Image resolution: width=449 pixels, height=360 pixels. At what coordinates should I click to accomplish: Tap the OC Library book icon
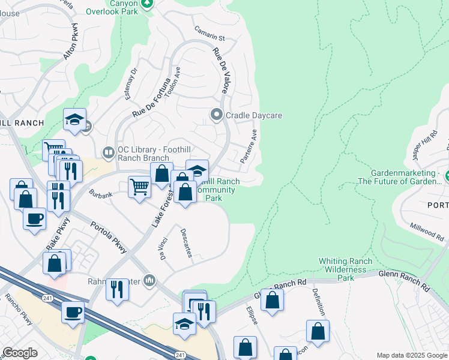click(x=109, y=154)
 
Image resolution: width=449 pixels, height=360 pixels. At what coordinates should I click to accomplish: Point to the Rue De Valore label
click(x=220, y=70)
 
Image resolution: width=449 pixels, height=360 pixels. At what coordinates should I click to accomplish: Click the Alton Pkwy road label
click(x=71, y=41)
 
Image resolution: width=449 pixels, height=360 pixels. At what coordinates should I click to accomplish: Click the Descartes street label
click(x=185, y=242)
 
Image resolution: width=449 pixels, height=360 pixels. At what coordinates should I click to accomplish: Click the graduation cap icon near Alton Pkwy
click(x=75, y=120)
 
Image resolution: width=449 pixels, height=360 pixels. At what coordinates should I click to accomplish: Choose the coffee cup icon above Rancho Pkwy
click(x=73, y=312)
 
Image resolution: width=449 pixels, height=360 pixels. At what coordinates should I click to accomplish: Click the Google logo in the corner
click(x=20, y=353)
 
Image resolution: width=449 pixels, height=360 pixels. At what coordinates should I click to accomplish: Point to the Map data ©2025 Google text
click(x=411, y=355)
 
